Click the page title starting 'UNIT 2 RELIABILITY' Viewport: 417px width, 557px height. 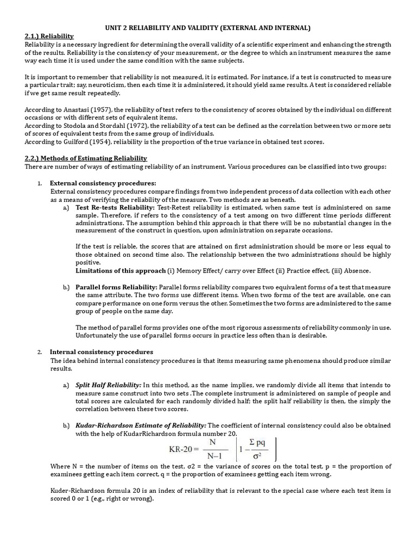[x=208, y=28]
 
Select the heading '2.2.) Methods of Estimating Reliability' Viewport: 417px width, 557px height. [x=86, y=158]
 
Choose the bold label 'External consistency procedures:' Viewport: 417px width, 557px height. [x=103, y=183]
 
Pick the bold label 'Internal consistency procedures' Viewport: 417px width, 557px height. [x=102, y=352]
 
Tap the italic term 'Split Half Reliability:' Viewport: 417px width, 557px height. [x=109, y=385]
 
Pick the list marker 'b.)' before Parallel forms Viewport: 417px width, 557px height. [x=66, y=287]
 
